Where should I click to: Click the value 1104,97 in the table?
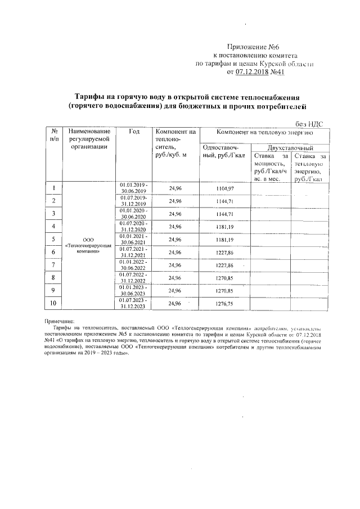click(224, 188)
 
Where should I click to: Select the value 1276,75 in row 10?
click(224, 304)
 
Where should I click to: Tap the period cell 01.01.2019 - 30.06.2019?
click(134, 188)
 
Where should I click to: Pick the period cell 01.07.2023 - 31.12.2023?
click(134, 304)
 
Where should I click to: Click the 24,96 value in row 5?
click(175, 240)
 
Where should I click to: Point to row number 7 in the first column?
click(53, 265)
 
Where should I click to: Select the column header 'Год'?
click(134, 132)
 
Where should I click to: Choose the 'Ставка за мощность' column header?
click(271, 167)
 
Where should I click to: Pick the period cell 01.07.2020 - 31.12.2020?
click(134, 227)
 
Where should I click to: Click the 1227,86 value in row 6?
click(224, 253)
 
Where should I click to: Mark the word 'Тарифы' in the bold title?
click(92, 96)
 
